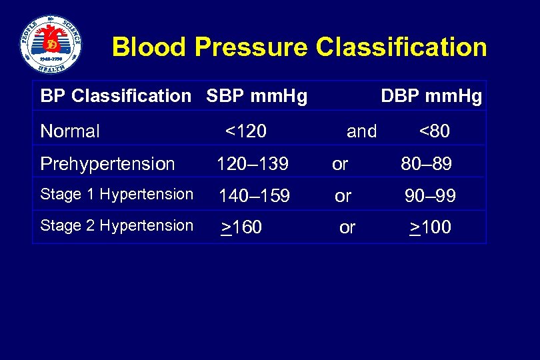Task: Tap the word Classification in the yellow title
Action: point(401,47)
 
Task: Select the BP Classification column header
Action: point(115,97)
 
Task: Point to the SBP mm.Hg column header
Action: point(257,97)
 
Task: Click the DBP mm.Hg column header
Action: point(431,97)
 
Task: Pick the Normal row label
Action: point(70,131)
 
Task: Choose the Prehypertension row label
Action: point(107,163)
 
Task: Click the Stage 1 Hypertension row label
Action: point(117,194)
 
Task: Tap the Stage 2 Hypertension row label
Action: point(117,225)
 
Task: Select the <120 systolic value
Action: point(245,131)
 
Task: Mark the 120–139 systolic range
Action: point(251,163)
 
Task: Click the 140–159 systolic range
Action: point(255,196)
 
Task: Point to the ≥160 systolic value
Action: point(241,228)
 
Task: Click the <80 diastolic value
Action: point(434,131)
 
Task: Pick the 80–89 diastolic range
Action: point(426,163)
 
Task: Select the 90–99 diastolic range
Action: point(430,196)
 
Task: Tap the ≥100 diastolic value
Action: point(430,228)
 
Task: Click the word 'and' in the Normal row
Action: point(361,131)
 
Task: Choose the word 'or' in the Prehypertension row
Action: point(340,163)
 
